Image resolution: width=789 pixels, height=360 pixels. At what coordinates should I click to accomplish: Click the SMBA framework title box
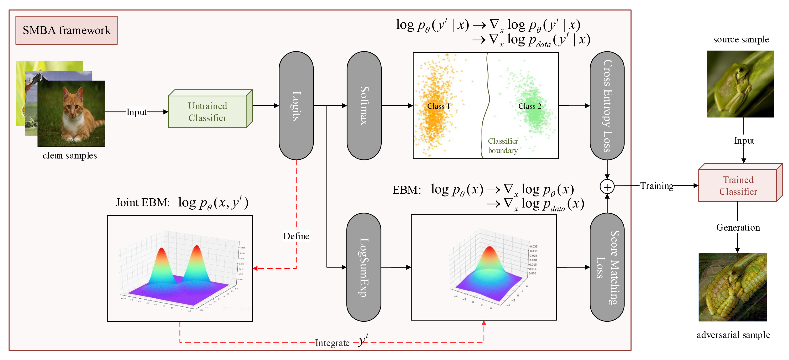(x=67, y=30)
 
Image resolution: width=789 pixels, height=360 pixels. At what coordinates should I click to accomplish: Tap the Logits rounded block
(x=296, y=106)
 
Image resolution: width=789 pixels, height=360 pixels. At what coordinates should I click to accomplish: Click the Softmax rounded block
(x=364, y=106)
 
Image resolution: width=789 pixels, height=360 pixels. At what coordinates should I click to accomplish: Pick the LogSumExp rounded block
(x=364, y=267)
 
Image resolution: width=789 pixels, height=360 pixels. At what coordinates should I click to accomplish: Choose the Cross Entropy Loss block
(x=607, y=106)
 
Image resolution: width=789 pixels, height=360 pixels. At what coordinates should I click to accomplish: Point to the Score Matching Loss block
(x=607, y=267)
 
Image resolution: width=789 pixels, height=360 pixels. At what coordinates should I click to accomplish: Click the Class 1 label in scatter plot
(x=438, y=106)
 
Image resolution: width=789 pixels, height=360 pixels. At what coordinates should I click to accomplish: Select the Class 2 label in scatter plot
(x=530, y=106)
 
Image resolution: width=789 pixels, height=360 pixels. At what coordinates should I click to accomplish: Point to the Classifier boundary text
(x=503, y=146)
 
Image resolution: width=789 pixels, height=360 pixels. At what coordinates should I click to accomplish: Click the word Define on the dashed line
(x=296, y=236)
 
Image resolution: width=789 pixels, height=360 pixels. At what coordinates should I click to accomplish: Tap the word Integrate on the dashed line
(x=332, y=343)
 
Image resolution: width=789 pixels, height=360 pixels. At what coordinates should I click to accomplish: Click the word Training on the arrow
(x=657, y=186)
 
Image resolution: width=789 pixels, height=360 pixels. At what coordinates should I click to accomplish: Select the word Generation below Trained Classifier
(x=738, y=228)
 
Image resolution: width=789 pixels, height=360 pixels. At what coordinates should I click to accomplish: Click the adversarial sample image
(x=733, y=287)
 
